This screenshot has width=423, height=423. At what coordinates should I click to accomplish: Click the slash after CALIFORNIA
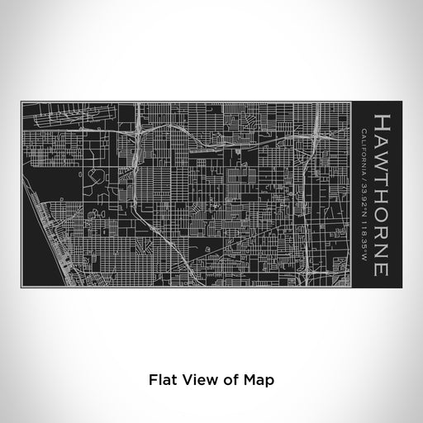[x=364, y=174]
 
